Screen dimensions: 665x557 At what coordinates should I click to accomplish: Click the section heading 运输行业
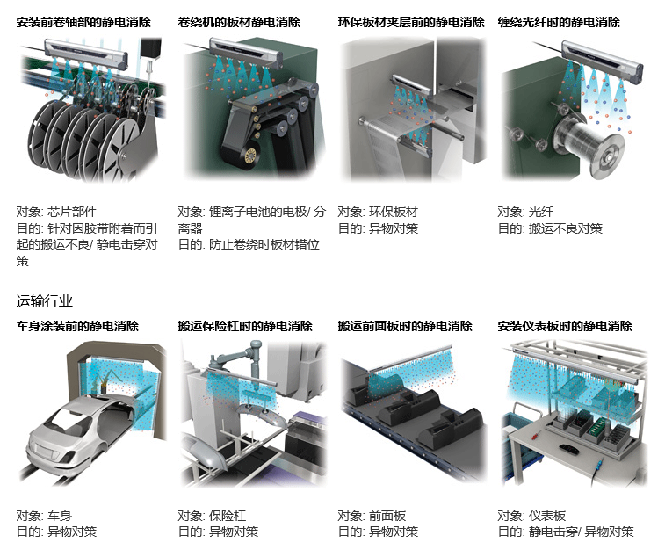45,301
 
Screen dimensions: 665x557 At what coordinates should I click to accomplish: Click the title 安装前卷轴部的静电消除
83,22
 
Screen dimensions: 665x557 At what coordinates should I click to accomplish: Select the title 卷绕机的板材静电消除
239,22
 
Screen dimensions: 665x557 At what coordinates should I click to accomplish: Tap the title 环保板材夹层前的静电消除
411,22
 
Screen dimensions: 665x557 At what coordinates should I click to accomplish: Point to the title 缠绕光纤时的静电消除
559,22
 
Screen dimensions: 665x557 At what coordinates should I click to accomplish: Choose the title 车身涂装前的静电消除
77,326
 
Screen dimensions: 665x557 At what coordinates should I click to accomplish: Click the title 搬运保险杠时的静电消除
245,326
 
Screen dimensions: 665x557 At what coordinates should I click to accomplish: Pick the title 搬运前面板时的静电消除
405,326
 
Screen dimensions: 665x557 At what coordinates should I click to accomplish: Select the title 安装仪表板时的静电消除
565,326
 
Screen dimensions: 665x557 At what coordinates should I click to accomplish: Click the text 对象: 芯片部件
56,212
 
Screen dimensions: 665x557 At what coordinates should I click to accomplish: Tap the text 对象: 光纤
525,212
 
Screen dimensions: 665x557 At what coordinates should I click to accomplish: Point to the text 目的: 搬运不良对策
550,228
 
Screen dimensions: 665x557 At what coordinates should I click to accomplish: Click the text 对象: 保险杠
212,516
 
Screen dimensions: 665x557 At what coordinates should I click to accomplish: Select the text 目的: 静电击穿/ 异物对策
566,532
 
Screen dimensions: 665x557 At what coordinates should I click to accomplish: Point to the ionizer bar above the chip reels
86,52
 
